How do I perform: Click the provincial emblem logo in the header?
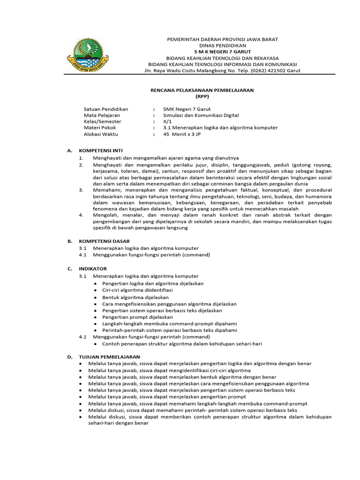[x=88, y=55]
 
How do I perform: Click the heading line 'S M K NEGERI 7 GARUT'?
[x=223, y=51]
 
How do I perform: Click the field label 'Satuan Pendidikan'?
[x=105, y=109]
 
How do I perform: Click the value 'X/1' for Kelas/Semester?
[x=167, y=121]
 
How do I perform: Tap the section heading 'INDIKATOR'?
[x=93, y=269]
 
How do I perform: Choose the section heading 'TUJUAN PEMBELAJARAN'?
[x=110, y=357]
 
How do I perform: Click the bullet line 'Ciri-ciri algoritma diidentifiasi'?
[x=137, y=290]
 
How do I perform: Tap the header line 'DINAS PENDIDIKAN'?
[x=223, y=45]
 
